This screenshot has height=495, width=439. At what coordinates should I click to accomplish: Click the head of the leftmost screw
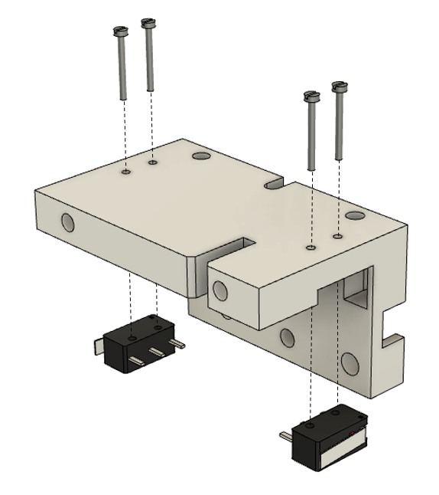click(119, 31)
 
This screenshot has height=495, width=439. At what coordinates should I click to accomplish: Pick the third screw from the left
click(311, 130)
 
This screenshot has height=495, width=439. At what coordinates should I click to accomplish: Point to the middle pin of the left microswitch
click(158, 352)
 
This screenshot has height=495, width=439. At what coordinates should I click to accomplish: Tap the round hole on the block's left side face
click(67, 224)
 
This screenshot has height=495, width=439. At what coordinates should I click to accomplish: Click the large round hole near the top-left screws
click(201, 156)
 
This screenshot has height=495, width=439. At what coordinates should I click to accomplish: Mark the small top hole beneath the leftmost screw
click(125, 173)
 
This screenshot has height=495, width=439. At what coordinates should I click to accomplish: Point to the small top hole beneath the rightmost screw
click(337, 238)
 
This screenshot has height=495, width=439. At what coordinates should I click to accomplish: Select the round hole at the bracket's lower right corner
click(350, 362)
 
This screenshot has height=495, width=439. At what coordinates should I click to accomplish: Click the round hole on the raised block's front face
click(220, 290)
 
